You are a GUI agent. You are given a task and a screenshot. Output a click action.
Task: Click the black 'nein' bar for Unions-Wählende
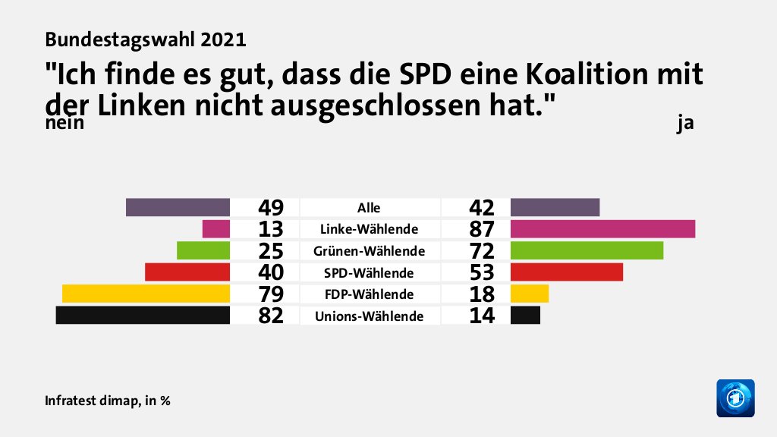pos(143,316)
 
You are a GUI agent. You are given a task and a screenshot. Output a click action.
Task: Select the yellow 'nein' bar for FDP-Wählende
pos(146,294)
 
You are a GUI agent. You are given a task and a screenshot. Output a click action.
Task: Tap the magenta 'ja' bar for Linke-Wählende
pos(602,228)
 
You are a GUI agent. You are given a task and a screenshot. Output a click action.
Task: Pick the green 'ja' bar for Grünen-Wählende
pos(587,250)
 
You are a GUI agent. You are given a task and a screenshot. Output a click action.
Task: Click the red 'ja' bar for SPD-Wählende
pos(567,272)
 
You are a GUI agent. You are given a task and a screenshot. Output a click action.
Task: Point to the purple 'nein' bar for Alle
pos(178,207)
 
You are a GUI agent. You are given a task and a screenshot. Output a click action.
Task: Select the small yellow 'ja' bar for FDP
pos(530,294)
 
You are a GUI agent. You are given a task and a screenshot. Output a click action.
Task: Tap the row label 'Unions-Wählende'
pos(369,316)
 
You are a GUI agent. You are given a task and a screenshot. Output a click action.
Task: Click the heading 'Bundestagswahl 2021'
pos(145,37)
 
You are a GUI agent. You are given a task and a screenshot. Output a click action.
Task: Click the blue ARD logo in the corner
pos(735,398)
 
